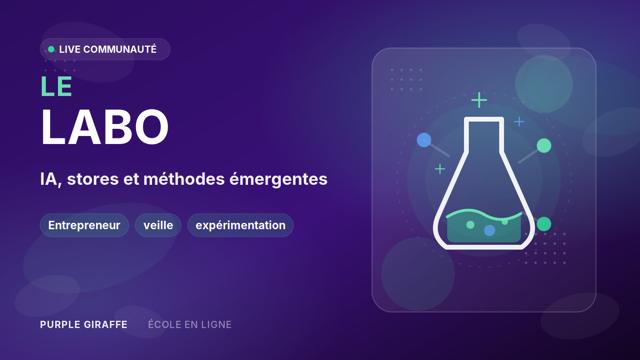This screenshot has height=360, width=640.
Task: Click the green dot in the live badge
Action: pyautogui.click(x=51, y=49)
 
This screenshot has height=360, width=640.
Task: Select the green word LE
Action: pyautogui.click(x=56, y=86)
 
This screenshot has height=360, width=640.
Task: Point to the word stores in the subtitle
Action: pyautogui.click(x=93, y=179)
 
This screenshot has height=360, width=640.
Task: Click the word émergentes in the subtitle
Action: pyautogui.click(x=278, y=179)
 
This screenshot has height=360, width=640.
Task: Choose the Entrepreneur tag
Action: pyautogui.click(x=84, y=225)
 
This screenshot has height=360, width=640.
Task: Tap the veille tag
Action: pyautogui.click(x=158, y=225)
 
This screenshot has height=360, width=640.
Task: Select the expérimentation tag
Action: pyautogui.click(x=240, y=225)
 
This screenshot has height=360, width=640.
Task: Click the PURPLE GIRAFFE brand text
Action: pyautogui.click(x=84, y=324)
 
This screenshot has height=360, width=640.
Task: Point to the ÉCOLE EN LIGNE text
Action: pyautogui.click(x=190, y=324)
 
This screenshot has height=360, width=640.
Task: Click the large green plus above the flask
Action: pyautogui.click(x=479, y=100)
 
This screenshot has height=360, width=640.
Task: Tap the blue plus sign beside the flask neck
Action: pyautogui.click(x=519, y=122)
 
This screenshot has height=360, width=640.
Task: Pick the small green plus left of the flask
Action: pyautogui.click(x=440, y=169)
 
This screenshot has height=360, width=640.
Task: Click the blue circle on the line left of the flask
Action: pyautogui.click(x=424, y=140)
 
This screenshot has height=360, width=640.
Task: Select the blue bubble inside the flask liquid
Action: pyautogui.click(x=490, y=230)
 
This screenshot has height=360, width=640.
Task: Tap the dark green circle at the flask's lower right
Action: pyautogui.click(x=544, y=224)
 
